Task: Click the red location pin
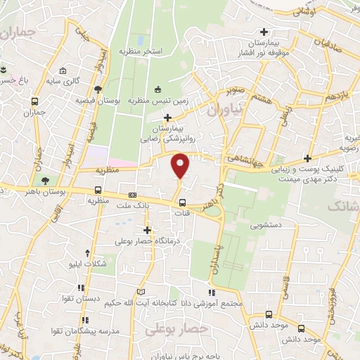point(181,166)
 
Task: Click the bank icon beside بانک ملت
point(132,195)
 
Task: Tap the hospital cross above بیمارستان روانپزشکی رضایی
point(167,116)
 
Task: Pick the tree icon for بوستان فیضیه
point(98,89)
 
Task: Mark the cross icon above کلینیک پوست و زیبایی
point(307,157)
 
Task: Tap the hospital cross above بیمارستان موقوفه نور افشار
point(264,32)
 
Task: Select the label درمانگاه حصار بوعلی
point(147,241)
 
